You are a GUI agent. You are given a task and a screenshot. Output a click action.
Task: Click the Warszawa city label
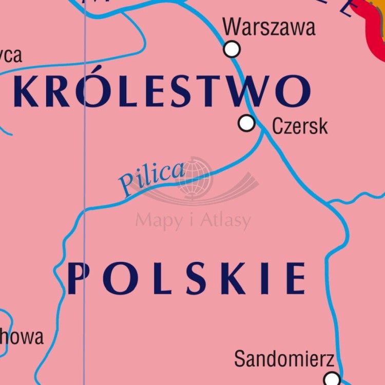coord(269,27)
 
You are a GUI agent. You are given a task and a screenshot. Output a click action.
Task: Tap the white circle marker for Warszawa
coord(232,49)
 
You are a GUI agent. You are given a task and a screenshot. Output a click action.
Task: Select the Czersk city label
coord(300,125)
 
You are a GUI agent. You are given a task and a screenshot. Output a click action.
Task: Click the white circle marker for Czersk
coord(247,123)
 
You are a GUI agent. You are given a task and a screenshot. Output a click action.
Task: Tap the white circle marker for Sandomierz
coord(332,379)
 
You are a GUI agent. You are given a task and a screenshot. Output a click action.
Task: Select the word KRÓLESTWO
coord(162,91)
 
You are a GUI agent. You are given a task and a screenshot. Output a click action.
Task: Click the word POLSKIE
coord(186,278)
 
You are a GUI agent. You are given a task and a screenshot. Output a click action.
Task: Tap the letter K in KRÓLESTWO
coord(27,91)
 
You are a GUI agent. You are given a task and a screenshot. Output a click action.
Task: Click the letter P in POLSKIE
coord(78,278)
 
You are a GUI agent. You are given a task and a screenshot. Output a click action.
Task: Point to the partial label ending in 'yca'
coord(10,55)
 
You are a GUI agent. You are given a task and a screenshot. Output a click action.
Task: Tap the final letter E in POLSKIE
coord(296,278)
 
